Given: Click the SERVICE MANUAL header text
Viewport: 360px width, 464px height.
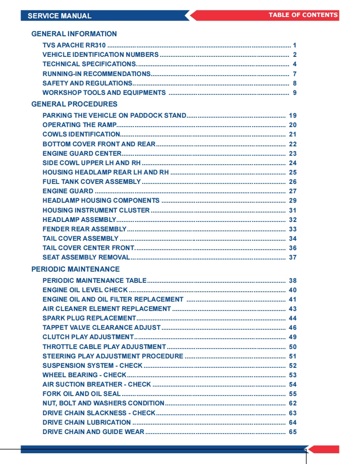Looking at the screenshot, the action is coord(59,16).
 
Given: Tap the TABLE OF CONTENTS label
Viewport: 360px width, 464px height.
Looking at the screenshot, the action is coord(303,15).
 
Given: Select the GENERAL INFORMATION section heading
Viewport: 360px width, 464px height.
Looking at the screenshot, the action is coord(74,34).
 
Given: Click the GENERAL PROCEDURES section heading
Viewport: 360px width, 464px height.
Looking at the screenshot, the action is coord(74,104).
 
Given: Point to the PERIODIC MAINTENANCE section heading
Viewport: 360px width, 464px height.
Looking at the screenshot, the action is coord(76,269).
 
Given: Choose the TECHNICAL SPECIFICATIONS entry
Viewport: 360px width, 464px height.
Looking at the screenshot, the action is coord(89,64).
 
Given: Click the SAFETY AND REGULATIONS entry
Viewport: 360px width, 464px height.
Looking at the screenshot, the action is coord(87,83).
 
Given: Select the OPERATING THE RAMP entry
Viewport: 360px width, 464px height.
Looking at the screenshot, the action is coord(79,125).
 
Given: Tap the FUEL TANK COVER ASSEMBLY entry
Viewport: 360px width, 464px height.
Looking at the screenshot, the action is coord(92,182).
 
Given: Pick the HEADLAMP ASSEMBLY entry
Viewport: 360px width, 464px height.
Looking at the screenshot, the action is coord(79,220).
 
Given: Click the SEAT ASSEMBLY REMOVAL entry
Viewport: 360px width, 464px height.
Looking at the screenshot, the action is coord(86,257).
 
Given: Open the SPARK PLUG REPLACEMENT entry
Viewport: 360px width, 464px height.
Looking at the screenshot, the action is coord(89,318).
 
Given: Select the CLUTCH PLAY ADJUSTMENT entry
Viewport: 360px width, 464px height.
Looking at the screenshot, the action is coord(88,337).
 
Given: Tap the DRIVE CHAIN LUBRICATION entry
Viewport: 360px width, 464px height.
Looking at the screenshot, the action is coord(87,422).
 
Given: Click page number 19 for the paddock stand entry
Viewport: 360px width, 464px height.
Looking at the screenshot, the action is coord(292,115).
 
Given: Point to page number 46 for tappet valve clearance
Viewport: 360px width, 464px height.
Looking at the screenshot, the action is coord(292,328).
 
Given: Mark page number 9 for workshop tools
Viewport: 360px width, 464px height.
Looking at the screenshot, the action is coord(295,93).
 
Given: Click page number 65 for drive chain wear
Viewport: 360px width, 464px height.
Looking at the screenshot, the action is coord(292,432).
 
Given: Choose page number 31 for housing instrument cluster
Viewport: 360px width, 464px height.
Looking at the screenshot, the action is coord(292,210).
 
